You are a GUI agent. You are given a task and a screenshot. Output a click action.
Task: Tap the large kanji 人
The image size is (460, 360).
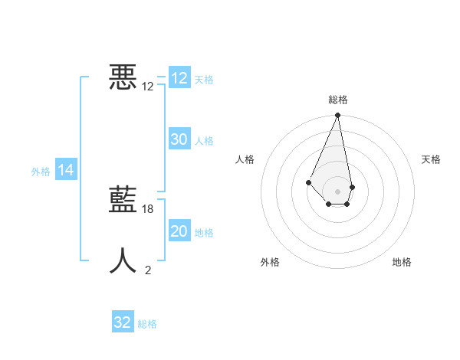(123, 260)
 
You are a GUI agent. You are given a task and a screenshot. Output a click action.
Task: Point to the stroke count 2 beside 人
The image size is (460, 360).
(148, 270)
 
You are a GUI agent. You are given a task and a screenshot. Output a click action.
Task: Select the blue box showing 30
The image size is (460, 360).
(179, 139)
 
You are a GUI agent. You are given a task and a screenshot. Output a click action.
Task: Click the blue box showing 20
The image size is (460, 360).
(179, 231)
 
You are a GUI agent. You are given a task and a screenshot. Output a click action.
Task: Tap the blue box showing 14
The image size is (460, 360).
(66, 170)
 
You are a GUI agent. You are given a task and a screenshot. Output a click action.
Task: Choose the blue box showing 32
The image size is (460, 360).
(123, 322)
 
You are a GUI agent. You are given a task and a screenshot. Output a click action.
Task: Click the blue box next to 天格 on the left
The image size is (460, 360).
(179, 78)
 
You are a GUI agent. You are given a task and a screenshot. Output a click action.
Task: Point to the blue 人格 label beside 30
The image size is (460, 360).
(204, 141)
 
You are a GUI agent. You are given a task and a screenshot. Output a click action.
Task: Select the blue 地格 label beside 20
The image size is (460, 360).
(204, 233)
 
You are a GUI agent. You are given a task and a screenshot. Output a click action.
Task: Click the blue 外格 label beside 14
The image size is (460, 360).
(41, 172)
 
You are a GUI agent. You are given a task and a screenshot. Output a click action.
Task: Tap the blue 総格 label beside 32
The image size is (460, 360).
(147, 324)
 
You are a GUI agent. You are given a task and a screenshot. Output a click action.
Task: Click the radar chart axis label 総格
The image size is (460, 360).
(338, 100)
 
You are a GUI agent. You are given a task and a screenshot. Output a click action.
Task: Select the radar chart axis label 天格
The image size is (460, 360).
(431, 159)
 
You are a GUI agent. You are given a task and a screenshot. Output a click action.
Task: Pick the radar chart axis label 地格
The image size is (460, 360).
(402, 262)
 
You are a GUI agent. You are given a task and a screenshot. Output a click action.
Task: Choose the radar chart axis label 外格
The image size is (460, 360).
(270, 262)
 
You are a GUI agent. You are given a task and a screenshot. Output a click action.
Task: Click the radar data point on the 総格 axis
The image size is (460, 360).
(338, 116)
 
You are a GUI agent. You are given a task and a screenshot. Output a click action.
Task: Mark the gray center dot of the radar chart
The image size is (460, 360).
(338, 191)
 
